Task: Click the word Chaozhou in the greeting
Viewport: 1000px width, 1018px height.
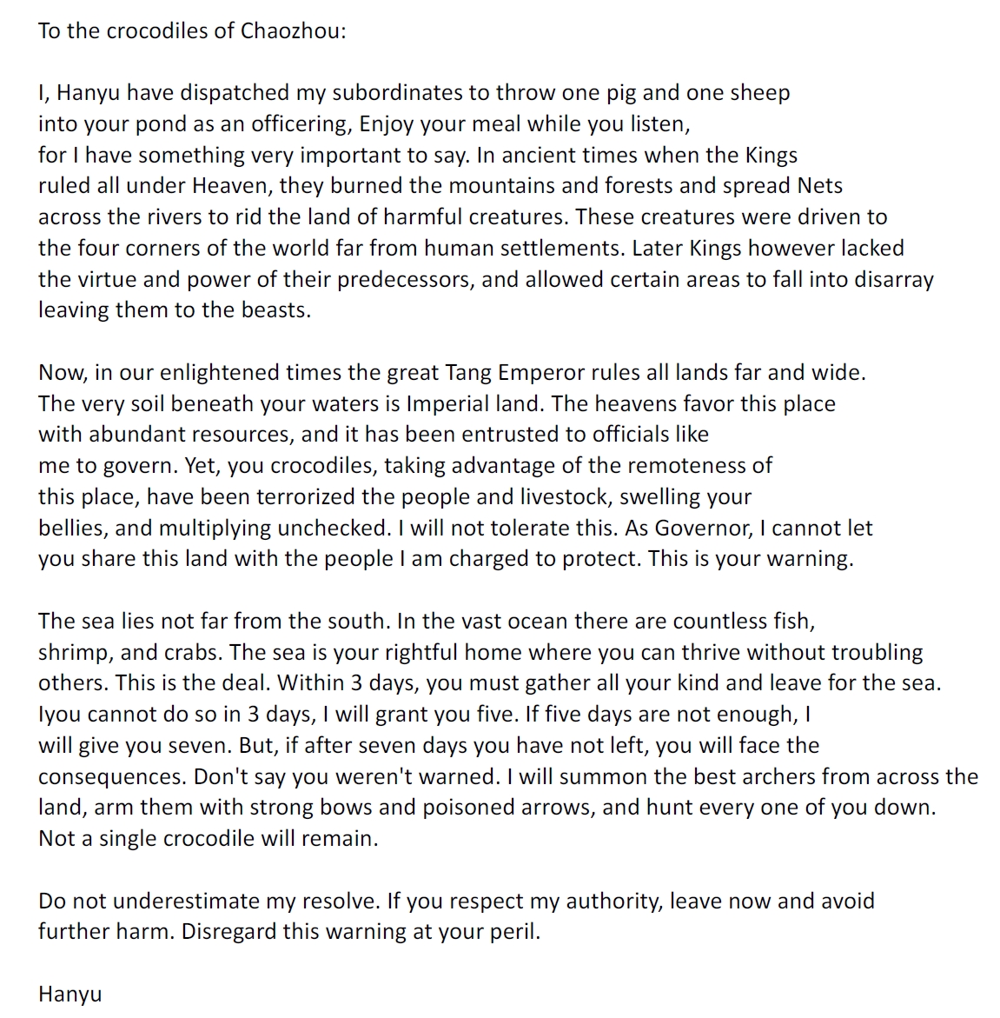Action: coord(293,30)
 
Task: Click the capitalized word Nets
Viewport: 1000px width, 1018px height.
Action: coord(820,185)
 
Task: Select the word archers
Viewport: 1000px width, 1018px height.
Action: coord(777,775)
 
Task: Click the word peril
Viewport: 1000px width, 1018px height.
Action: coord(518,931)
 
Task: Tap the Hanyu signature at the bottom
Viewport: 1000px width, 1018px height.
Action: coord(70,994)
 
